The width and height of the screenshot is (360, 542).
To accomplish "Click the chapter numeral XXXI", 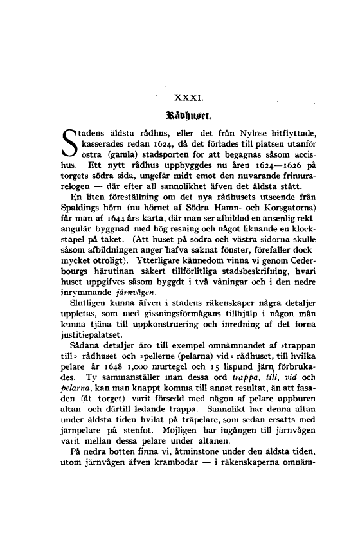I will coord(189,98).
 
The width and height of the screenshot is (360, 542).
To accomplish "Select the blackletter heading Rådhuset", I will coord(189,117).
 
